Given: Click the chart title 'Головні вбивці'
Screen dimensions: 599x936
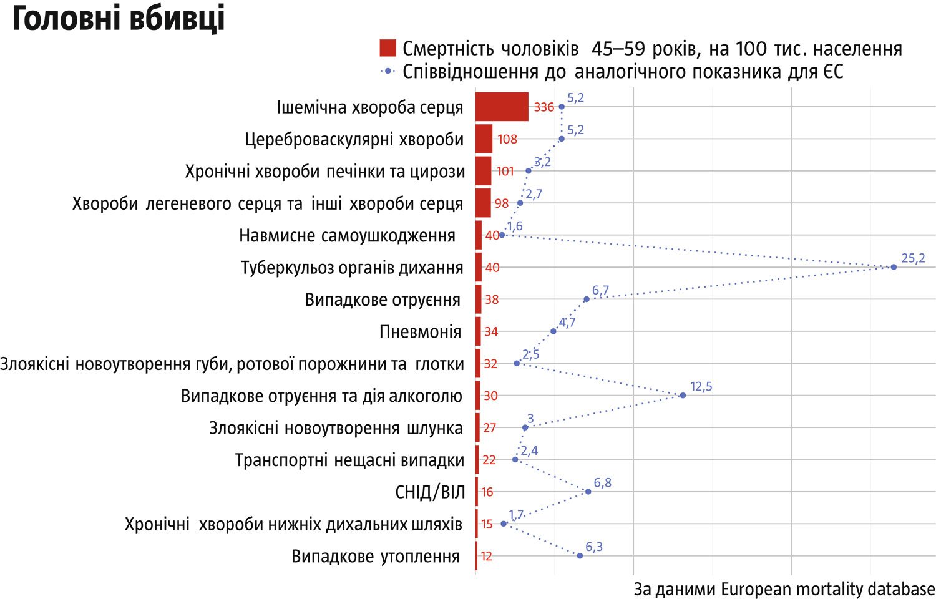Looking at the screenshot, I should pyautogui.click(x=119, y=20).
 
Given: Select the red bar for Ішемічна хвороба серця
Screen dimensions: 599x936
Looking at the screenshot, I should pyautogui.click(x=502, y=107).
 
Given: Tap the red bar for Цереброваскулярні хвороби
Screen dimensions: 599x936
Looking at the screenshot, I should pyautogui.click(x=484, y=139).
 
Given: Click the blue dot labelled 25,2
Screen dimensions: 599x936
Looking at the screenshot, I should pyautogui.click(x=894, y=267).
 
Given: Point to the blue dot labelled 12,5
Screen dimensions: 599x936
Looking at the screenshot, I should pyautogui.click(x=683, y=396).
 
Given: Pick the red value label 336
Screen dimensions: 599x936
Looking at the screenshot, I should pyautogui.click(x=544, y=107).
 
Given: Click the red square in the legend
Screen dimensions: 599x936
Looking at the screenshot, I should pyautogui.click(x=388, y=48).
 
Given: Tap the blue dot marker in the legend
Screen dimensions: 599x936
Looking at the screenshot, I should pyautogui.click(x=388, y=71).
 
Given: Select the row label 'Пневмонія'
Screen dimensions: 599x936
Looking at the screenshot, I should pyautogui.click(x=420, y=332).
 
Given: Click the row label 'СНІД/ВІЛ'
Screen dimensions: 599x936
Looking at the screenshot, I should pyautogui.click(x=430, y=492).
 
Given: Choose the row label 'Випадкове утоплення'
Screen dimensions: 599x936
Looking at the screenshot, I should pyautogui.click(x=376, y=557).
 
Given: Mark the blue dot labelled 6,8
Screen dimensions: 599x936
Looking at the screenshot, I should pyautogui.click(x=588, y=492).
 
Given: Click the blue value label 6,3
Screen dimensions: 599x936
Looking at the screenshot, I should pyautogui.click(x=593, y=547).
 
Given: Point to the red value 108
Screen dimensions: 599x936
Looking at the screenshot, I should pyautogui.click(x=507, y=139).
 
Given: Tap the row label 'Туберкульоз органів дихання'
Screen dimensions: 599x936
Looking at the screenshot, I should pyautogui.click(x=352, y=268).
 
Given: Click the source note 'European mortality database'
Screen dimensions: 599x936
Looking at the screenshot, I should pyautogui.click(x=827, y=589).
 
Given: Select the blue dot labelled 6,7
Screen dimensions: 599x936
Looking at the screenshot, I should pyautogui.click(x=587, y=299).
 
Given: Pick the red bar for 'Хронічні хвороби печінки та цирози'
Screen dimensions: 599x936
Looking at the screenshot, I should pyautogui.click(x=483, y=171).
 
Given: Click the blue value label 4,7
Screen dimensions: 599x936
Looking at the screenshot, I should pyautogui.click(x=567, y=323).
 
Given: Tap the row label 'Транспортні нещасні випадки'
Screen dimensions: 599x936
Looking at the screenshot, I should pyautogui.click(x=349, y=460).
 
